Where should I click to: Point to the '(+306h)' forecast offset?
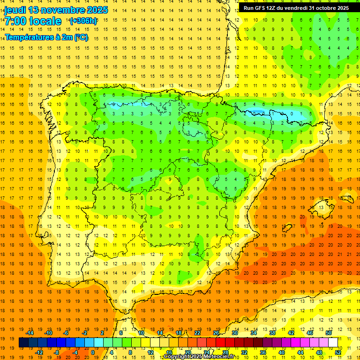(x=83, y=21)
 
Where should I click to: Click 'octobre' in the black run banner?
(x=328, y=8)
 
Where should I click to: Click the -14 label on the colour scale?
(x=30, y=333)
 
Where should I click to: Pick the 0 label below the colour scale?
(x=92, y=352)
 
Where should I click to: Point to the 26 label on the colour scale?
(x=216, y=333)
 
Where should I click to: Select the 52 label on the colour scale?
(x=338, y=352)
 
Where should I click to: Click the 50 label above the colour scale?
(x=329, y=333)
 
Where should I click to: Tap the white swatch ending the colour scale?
(x=333, y=343)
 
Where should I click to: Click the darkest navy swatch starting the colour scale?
(x=23, y=343)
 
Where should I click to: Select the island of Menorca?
(x=347, y=199)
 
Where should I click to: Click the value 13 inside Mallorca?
(x=321, y=207)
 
